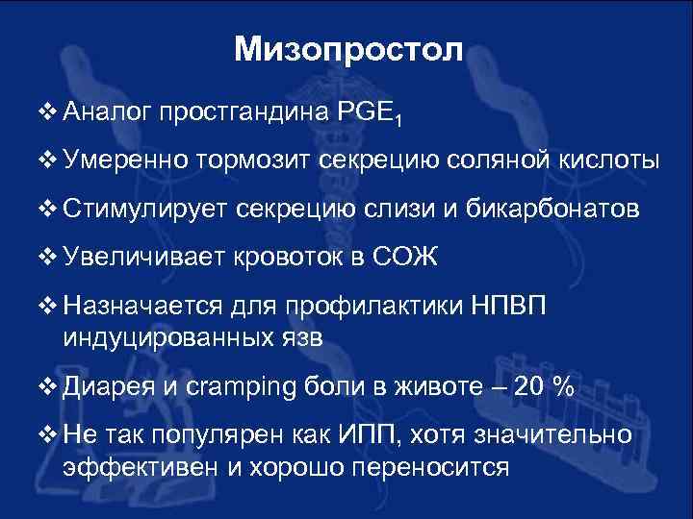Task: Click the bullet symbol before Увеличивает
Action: tap(50, 257)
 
